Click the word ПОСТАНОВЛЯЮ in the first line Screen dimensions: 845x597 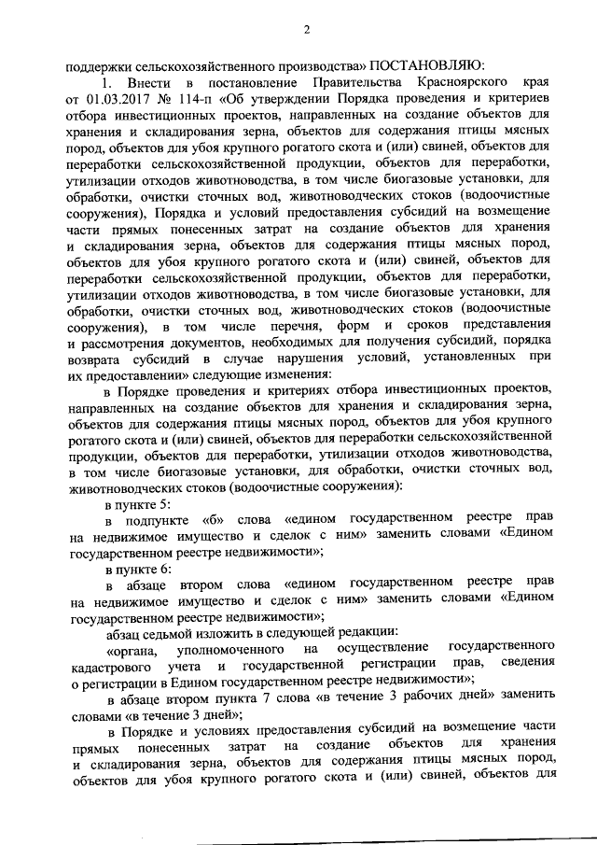(425, 66)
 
